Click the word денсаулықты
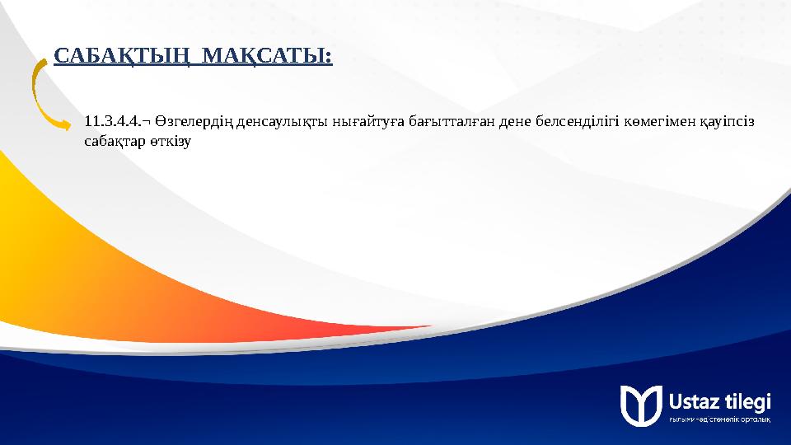(x=282, y=123)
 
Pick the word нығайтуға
(x=367, y=123)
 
